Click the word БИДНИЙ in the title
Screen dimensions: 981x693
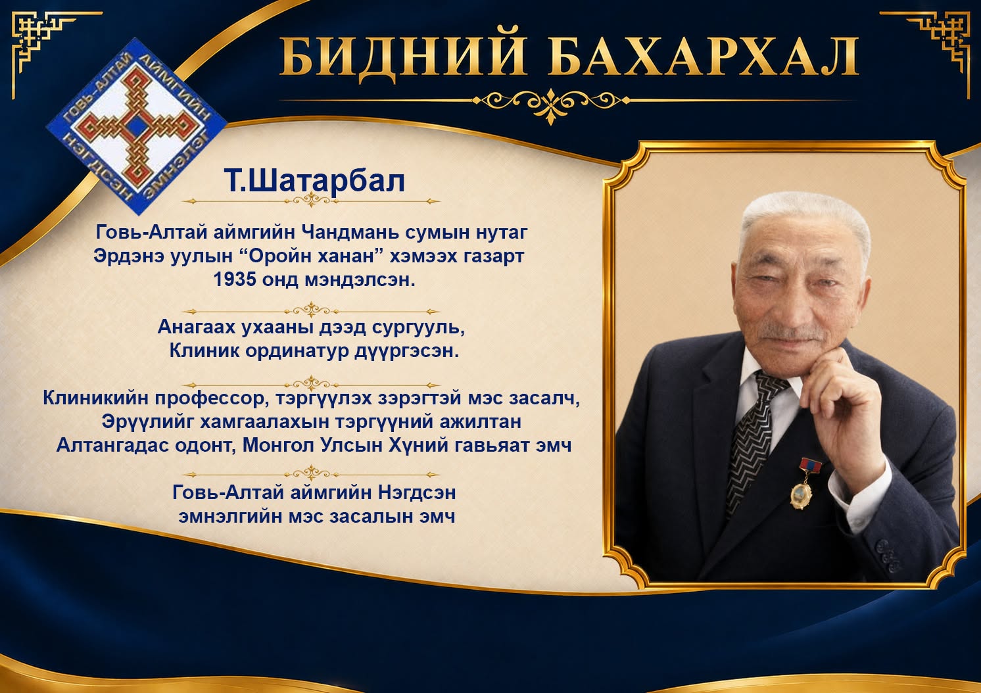click(402, 56)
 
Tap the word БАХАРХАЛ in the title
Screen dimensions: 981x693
click(704, 56)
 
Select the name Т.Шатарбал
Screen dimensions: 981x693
click(314, 180)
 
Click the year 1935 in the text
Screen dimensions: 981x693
click(235, 279)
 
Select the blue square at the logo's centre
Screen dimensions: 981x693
click(137, 127)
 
